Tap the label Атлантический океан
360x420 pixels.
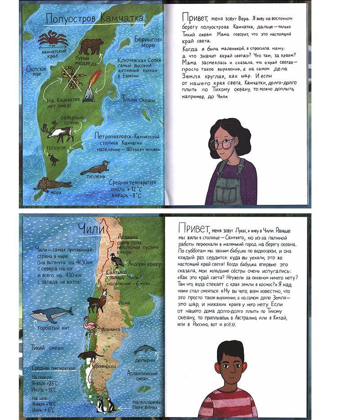pos(142,376)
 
